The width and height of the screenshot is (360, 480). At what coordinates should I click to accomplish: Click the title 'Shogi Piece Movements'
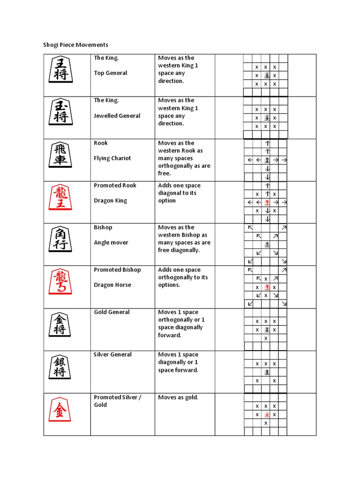point(75,45)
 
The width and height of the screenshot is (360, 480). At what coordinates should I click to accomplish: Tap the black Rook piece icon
point(60,155)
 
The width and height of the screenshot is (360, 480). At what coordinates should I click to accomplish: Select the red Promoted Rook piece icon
point(60,197)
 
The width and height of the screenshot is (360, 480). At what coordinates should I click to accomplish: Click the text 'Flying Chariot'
point(112,158)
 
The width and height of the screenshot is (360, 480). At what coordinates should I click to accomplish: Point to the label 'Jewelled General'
point(117,116)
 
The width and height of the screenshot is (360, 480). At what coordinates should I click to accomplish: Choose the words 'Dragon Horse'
point(112,285)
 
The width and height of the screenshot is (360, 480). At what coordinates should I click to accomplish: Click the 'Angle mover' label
point(111,243)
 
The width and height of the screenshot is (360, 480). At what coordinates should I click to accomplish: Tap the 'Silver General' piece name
point(112,355)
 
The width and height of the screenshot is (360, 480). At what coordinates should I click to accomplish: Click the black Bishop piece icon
point(60,240)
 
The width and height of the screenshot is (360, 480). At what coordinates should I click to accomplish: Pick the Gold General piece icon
point(60,324)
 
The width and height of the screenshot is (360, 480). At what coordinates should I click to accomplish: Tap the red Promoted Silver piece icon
point(60,409)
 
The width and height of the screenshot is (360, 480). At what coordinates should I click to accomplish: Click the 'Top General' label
point(110,73)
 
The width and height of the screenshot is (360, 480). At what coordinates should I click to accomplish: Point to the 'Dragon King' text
point(110,201)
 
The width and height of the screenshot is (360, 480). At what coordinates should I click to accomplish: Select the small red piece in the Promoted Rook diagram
point(267,202)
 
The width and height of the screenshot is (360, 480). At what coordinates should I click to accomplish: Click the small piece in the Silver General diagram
point(266,372)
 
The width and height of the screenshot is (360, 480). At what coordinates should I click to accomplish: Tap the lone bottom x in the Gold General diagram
point(266,338)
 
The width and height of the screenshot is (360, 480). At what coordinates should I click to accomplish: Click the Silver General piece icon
point(60,367)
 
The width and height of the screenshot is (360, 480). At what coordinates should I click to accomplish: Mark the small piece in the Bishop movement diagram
point(267,244)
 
